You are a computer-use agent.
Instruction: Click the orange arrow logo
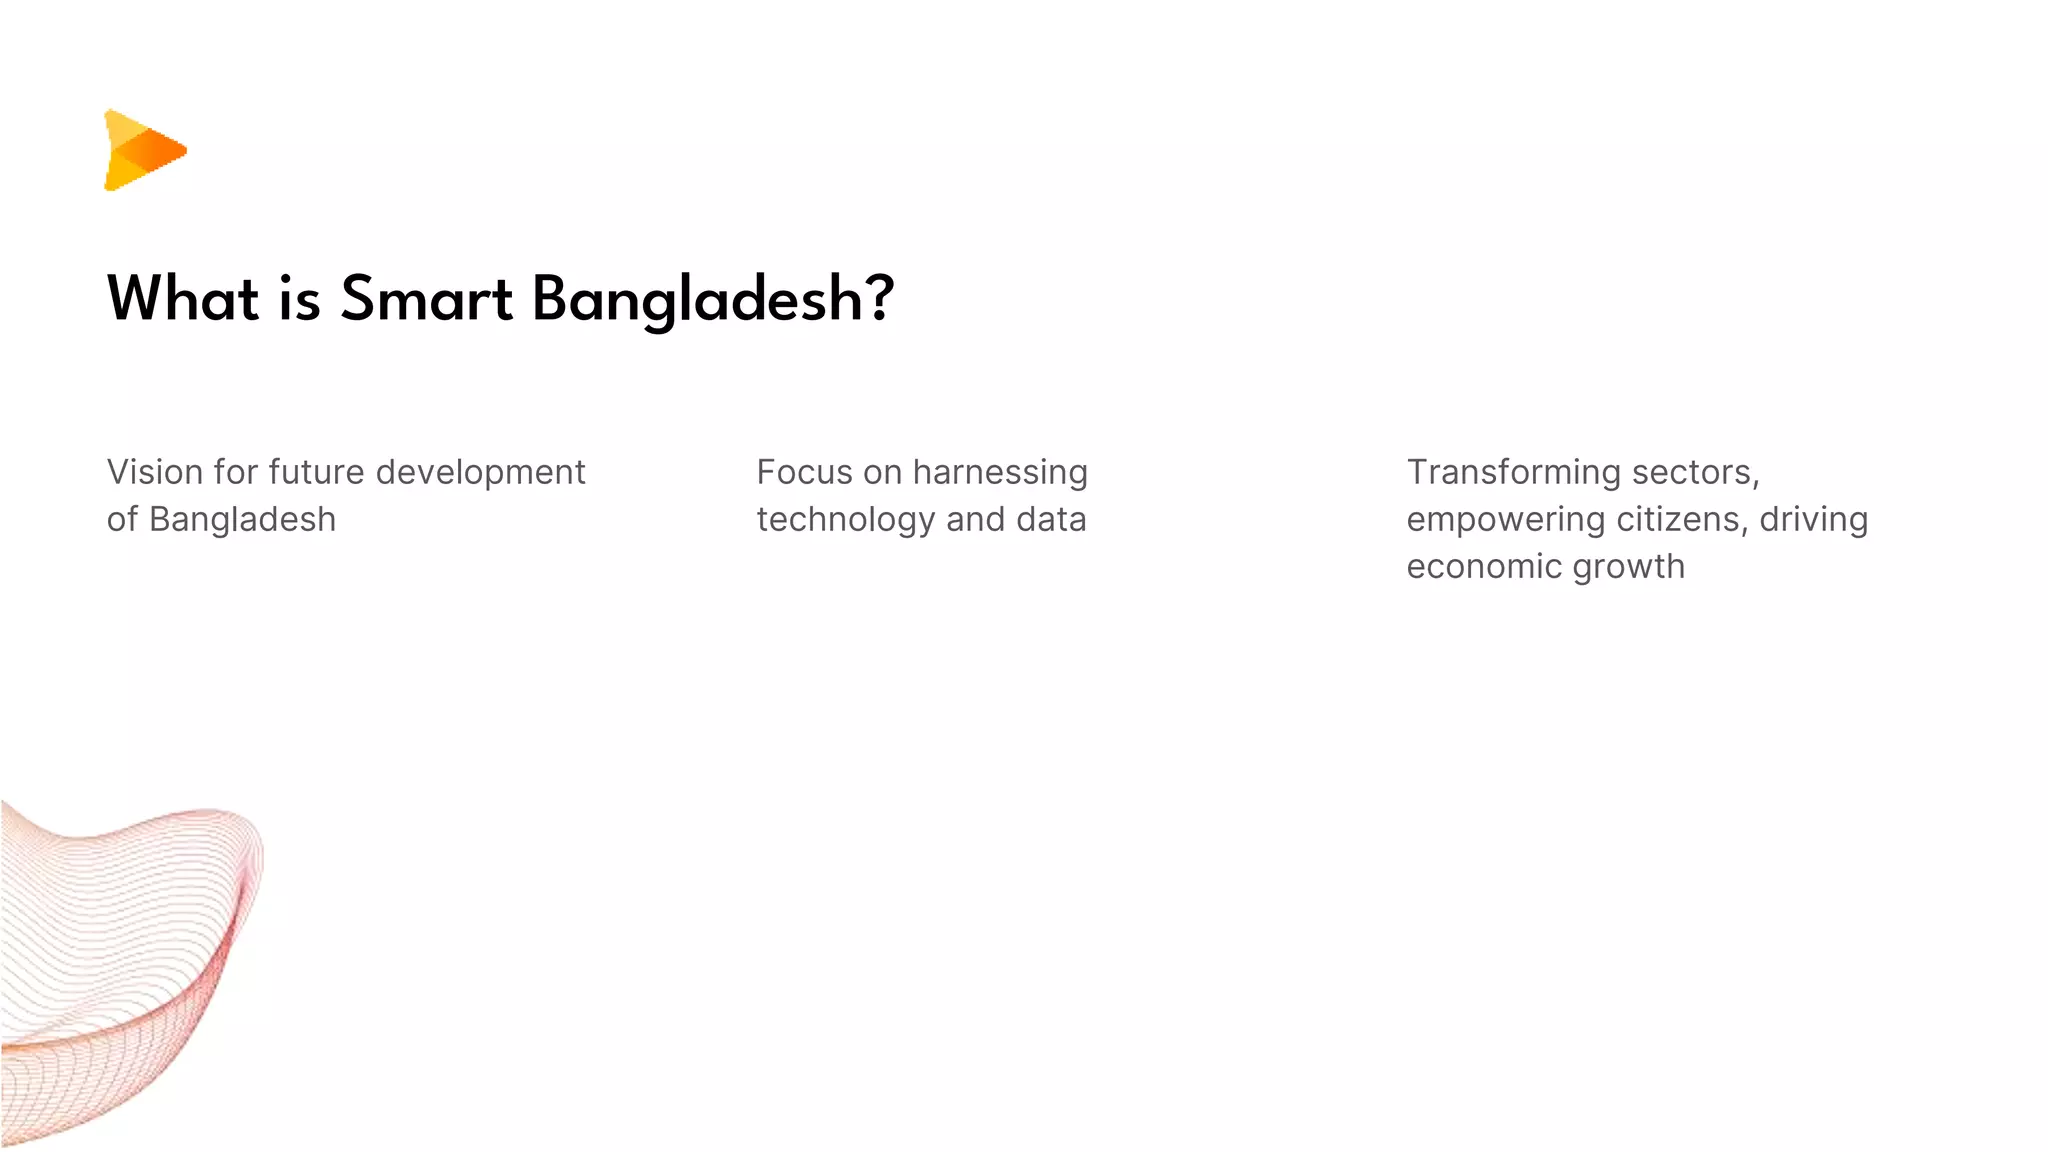[144, 150]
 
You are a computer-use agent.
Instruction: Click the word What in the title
[183, 299]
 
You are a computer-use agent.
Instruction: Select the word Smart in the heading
[426, 299]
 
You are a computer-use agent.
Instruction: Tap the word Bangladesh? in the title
[712, 301]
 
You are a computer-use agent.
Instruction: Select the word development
[480, 473]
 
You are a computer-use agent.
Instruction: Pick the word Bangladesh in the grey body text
[242, 520]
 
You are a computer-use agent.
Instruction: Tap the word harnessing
[1000, 473]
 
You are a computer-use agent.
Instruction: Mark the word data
[1051, 520]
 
